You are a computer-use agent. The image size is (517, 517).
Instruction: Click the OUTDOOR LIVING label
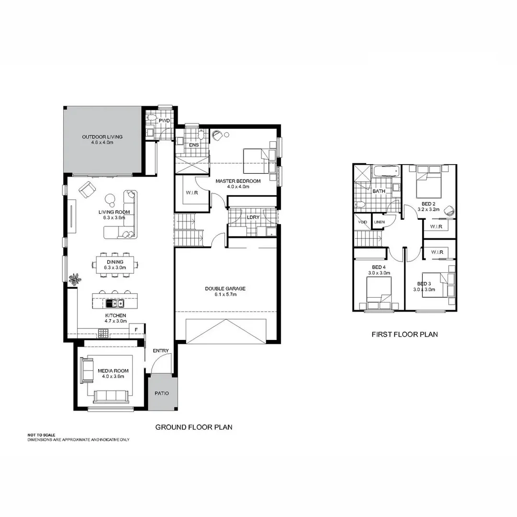pos(101,137)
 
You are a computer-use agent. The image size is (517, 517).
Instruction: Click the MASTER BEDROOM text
pos(237,181)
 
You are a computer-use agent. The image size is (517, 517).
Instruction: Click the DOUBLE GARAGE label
pos(225,289)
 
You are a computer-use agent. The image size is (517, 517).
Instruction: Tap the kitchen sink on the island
pos(115,303)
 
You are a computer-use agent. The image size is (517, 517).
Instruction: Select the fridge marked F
pos(136,329)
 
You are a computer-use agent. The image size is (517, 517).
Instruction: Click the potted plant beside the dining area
pos(75,279)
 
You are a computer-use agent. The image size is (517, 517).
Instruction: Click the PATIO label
pos(161,393)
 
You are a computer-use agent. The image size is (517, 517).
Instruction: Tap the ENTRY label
pos(160,351)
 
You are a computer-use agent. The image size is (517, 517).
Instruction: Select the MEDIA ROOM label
pos(113,371)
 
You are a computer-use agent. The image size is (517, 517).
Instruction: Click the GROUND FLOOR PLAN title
pos(193,427)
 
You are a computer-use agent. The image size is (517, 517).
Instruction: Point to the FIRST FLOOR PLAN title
pos(405,335)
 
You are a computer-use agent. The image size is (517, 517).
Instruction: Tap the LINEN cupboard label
pos(379,222)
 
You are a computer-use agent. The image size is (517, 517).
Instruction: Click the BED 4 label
pos(378,267)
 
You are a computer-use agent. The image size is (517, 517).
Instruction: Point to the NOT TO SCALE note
pos(42,435)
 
